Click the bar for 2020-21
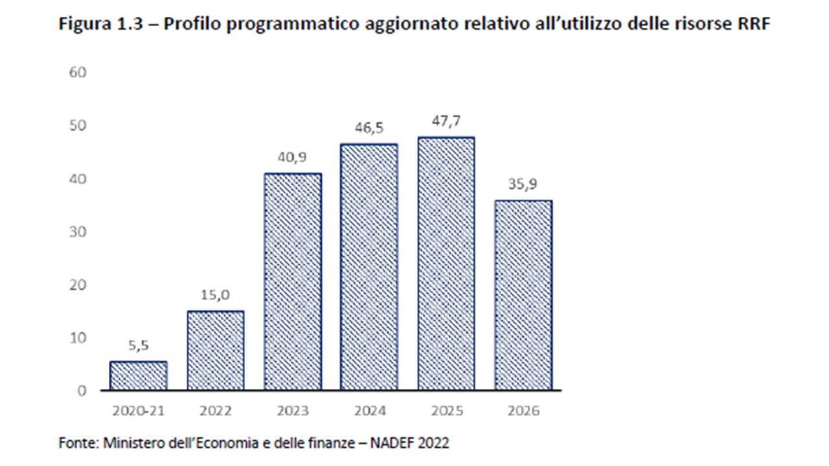click(139, 376)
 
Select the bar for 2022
click(216, 351)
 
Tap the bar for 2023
click(293, 282)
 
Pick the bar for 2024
click(369, 267)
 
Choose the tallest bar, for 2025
click(446, 263)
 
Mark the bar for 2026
click(523, 295)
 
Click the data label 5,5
click(139, 346)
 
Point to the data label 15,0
click(216, 296)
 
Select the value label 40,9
click(293, 158)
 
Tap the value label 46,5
click(369, 129)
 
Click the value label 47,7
click(446, 122)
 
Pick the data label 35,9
click(523, 185)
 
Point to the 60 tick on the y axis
click(78, 72)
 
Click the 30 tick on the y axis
click(78, 231)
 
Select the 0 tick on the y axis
click(82, 391)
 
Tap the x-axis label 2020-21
click(139, 411)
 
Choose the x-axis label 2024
click(369, 411)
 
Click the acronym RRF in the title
click(753, 25)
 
